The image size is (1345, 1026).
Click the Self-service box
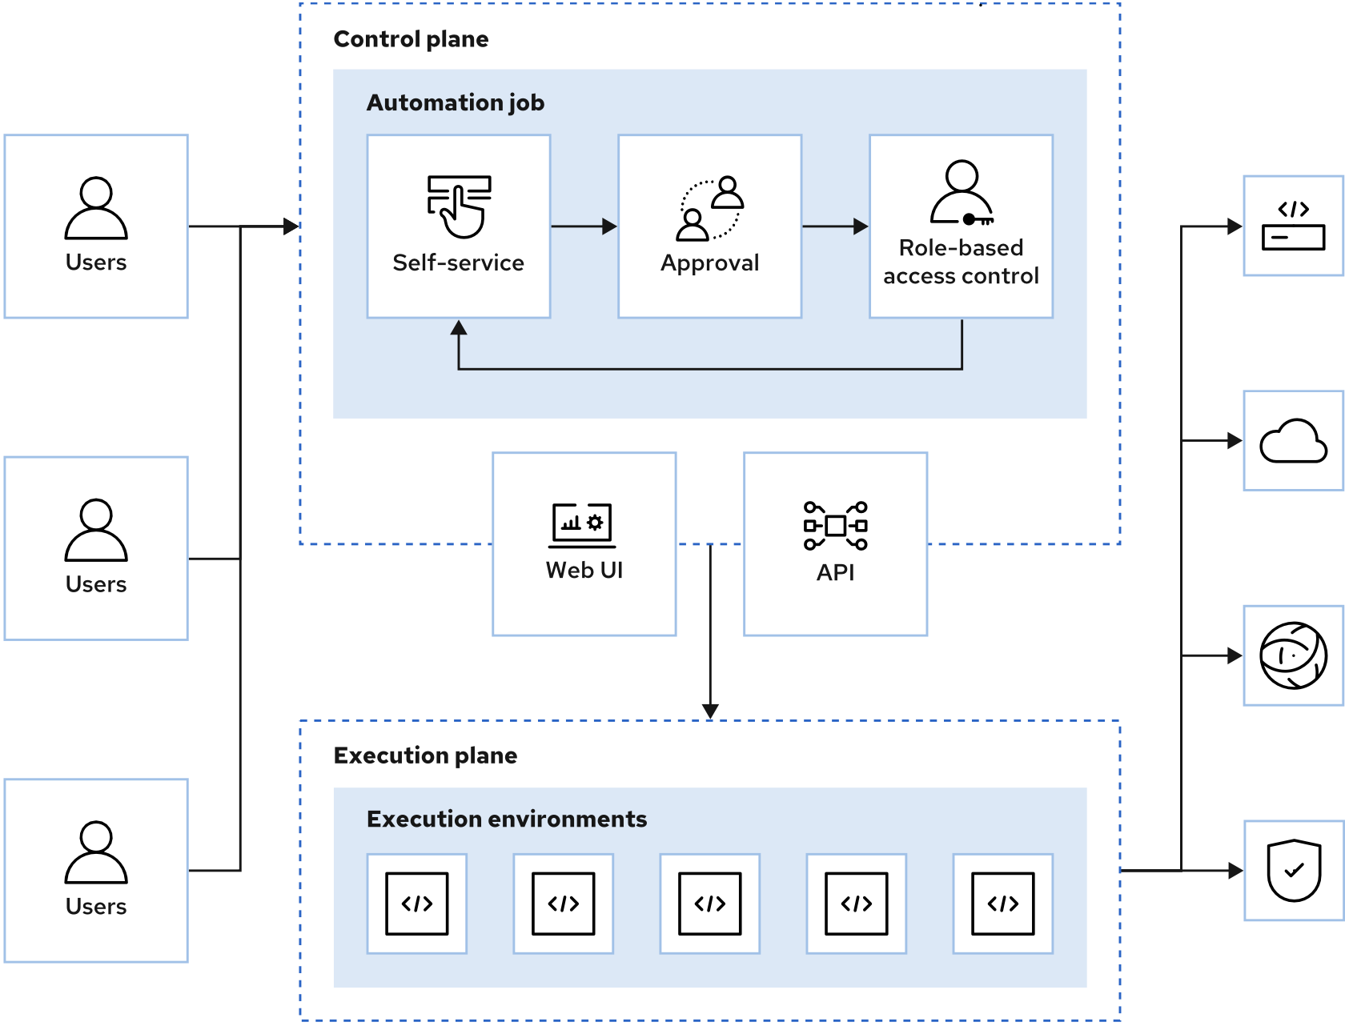(458, 226)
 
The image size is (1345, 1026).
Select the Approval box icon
(710, 208)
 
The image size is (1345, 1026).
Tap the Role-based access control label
(961, 262)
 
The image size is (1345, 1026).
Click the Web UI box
(584, 544)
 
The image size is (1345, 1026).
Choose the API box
(835, 544)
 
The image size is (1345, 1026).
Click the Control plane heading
(411, 39)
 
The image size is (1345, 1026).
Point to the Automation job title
(455, 102)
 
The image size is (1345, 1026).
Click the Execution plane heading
(425, 755)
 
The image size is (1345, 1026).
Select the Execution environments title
(506, 820)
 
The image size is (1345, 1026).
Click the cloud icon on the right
(1293, 441)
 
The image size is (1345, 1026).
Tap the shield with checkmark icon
(1293, 870)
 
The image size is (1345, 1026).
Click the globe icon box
(1293, 655)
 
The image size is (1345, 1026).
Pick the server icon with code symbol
(1293, 226)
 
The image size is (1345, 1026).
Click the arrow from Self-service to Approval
(584, 226)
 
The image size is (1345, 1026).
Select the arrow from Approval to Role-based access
(835, 226)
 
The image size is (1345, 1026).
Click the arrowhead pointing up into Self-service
(459, 328)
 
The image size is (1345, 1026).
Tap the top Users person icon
(96, 208)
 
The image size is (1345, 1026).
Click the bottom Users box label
(96, 907)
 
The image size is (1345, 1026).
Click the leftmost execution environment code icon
(416, 904)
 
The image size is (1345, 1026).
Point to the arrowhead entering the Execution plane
(710, 711)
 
